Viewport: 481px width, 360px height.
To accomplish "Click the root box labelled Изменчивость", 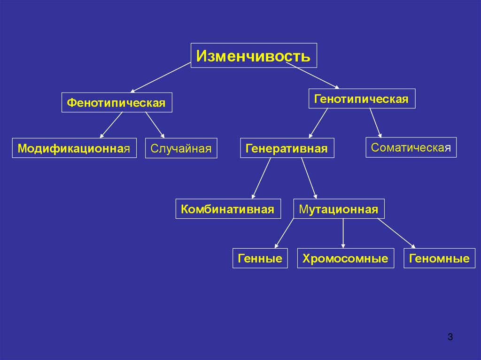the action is point(254,56).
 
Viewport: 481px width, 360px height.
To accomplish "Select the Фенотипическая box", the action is point(116,102).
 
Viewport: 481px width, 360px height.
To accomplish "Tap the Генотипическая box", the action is point(362,99).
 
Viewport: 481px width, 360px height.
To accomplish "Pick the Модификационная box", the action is point(74,148).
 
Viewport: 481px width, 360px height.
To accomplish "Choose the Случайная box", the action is point(181,148).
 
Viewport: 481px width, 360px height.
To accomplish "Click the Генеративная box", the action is point(287,148).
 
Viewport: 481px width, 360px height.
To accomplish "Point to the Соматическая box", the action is point(411,147).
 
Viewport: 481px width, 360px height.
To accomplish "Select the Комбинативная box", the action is point(228,208).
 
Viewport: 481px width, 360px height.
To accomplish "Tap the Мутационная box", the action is point(339,208).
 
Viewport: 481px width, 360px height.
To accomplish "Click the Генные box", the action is point(260,258).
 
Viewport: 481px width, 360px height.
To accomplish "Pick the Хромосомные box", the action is point(345,258).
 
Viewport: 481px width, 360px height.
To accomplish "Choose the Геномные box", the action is point(439,258).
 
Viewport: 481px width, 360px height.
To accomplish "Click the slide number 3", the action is point(450,337).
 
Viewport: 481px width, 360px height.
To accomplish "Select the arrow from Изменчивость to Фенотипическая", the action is point(161,77).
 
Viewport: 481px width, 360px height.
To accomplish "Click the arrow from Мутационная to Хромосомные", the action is point(343,233).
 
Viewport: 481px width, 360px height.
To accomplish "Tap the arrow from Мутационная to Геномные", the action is point(396,233).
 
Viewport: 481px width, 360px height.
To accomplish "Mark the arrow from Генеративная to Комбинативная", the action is point(261,179).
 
